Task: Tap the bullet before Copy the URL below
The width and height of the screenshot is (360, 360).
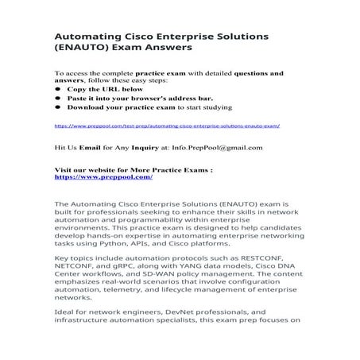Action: tap(57, 89)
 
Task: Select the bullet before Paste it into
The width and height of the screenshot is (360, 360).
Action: tap(57, 98)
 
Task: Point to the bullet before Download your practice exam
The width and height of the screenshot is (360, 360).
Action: tap(57, 106)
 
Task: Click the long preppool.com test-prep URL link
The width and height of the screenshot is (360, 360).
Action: tap(167, 126)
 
